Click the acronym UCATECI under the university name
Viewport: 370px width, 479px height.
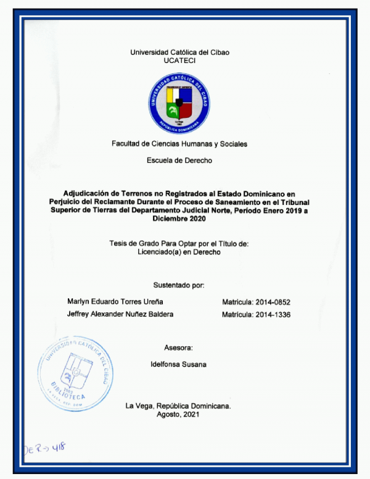point(179,61)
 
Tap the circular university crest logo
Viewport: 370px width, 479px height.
point(179,103)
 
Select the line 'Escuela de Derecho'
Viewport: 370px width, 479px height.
point(179,160)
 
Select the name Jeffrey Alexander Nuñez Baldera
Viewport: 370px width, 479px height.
point(120,314)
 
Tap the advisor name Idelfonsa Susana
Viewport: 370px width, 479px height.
point(179,364)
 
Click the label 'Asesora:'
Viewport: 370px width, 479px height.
point(179,348)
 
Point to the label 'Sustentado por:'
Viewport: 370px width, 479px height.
point(179,285)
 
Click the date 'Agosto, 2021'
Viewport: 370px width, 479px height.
point(179,415)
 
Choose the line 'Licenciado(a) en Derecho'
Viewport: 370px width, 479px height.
point(179,252)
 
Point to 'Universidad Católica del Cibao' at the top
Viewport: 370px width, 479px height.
point(179,52)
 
